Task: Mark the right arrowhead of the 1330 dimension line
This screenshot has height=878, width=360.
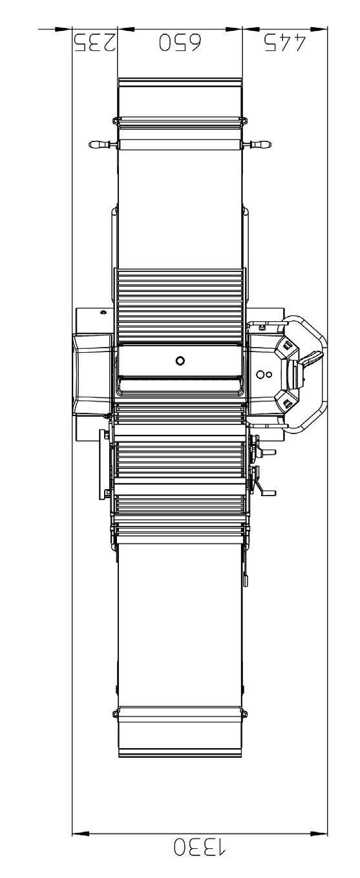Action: (x=319, y=833)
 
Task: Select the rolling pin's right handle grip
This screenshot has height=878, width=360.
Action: (x=260, y=145)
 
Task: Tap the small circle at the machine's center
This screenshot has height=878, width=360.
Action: (x=180, y=360)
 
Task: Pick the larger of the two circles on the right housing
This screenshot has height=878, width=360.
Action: (x=260, y=374)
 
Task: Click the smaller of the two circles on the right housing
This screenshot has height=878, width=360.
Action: (x=269, y=374)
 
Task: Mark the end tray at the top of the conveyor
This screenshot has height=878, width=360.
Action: (x=180, y=97)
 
